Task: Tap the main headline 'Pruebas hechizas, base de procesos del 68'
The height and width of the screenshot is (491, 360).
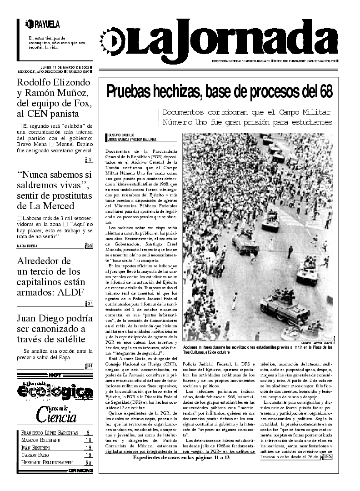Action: point(220,91)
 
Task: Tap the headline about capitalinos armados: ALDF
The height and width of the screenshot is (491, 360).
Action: point(51,277)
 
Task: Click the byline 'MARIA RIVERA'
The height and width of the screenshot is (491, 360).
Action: point(27,246)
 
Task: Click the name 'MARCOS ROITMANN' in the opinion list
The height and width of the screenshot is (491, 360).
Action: point(42,440)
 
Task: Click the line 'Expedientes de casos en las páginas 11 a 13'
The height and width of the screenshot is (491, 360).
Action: point(181,457)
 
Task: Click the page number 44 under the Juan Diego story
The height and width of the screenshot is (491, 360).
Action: point(90,366)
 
